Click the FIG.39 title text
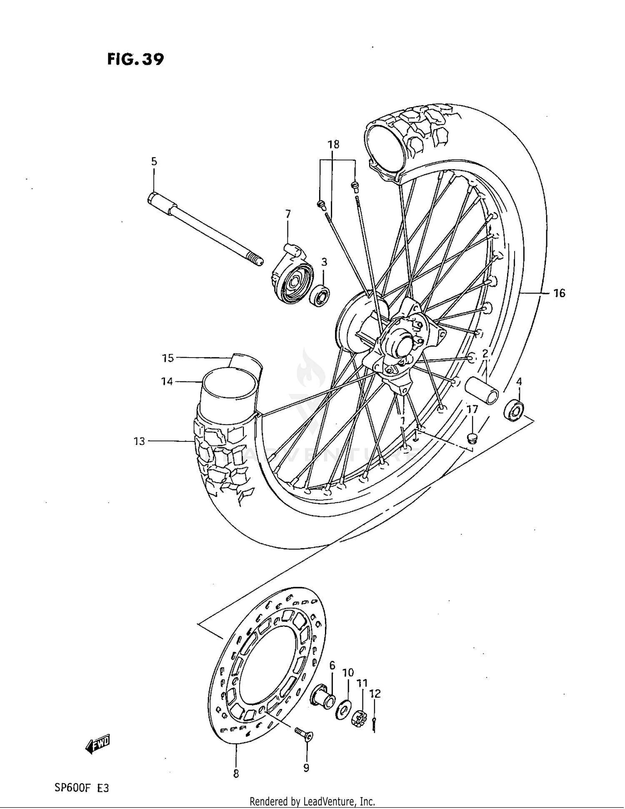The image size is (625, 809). pos(135,59)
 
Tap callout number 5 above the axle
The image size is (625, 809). pos(154,161)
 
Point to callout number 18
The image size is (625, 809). pos(333,145)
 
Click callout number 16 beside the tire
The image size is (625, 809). pos(559,293)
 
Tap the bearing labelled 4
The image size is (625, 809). pos(513,411)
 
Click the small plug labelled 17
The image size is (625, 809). pos(472,437)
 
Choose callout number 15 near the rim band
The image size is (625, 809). pos(167,358)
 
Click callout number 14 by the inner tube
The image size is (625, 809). pos(167,381)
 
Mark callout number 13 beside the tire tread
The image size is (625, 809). pos(139,441)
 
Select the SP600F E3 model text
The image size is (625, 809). pos(81,788)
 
